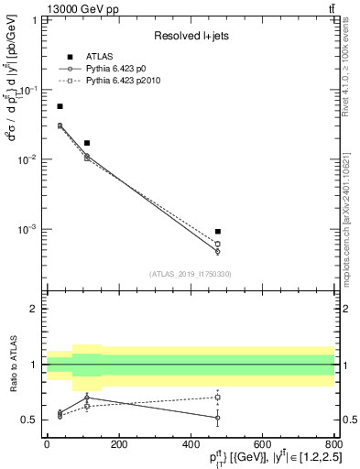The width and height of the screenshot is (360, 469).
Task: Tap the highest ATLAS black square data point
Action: (60, 106)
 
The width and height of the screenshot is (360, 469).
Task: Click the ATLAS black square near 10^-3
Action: (217, 232)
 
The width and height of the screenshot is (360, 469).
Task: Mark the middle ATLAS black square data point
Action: (87, 143)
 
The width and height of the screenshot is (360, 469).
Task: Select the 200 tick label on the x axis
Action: (118, 444)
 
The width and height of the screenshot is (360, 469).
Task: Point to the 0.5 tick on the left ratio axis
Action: (30, 420)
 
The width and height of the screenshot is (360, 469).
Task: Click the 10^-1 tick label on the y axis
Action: (28, 90)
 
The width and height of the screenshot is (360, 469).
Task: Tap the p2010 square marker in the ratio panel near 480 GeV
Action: (217, 398)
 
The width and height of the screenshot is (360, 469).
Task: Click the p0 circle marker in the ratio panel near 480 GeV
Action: (217, 418)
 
